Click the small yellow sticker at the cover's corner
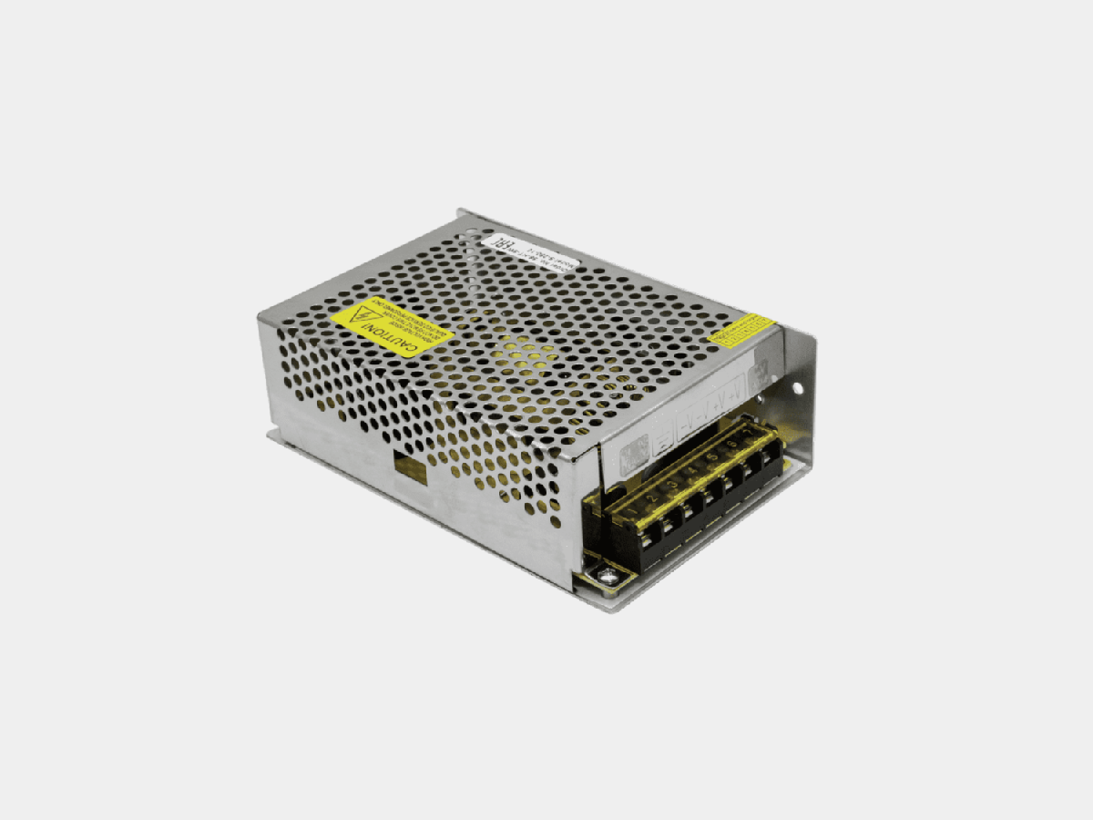click(x=741, y=328)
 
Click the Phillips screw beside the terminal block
click(x=604, y=574)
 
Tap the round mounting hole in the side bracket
click(x=797, y=387)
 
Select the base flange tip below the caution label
click(x=272, y=436)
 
